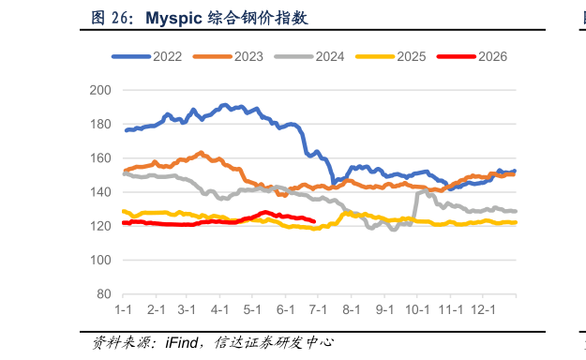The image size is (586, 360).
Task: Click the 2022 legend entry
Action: [147, 56]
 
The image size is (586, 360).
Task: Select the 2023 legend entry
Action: [228, 56]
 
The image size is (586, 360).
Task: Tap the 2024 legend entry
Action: [309, 56]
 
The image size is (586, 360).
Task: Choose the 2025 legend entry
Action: [391, 56]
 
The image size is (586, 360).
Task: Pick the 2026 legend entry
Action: [473, 56]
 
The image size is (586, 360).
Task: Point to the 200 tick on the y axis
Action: [100, 90]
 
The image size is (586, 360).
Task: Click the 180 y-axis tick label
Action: [100, 124]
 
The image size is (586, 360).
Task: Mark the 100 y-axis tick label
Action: [100, 260]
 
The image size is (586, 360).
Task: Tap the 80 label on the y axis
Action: [104, 294]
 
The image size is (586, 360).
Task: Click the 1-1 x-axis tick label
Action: [123, 310]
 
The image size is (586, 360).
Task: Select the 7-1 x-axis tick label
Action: [318, 310]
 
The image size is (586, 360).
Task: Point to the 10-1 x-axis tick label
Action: [417, 310]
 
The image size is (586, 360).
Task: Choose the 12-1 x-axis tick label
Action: [483, 310]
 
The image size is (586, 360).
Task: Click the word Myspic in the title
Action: [173, 19]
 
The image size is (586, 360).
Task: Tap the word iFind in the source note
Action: [182, 342]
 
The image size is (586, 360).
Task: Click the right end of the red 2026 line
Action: [314, 221]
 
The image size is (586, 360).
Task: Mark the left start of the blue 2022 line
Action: [127, 130]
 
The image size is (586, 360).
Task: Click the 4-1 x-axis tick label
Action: [219, 310]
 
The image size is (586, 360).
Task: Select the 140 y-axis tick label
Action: [100, 192]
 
